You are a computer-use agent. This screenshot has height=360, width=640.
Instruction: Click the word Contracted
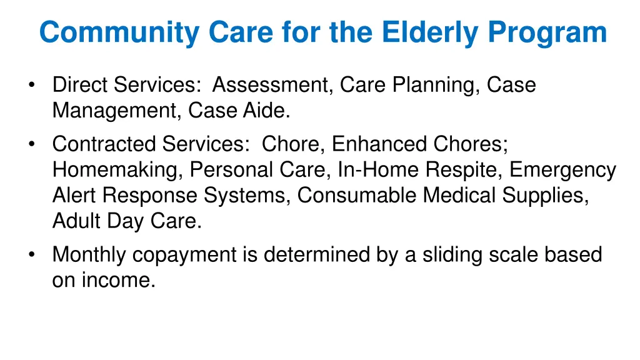coord(104,144)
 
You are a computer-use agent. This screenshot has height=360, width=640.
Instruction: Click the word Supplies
coord(549,196)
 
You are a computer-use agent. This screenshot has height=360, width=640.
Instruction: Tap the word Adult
coord(74,221)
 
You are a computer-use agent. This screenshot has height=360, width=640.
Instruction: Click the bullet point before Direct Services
coord(32,86)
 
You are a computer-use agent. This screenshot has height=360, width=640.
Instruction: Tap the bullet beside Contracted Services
coord(32,145)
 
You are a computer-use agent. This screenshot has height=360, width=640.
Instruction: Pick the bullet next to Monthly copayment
coord(32,256)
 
